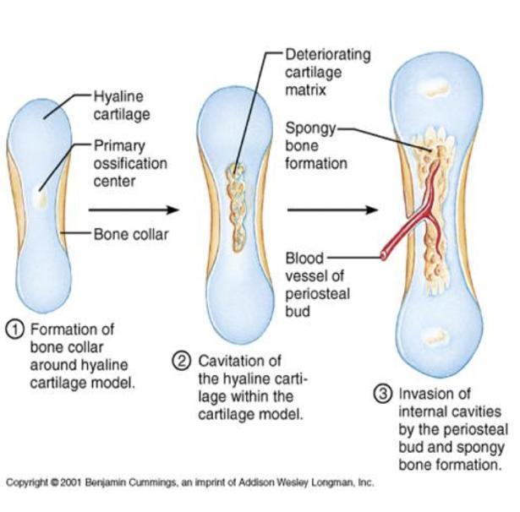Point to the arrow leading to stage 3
tap(331, 210)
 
